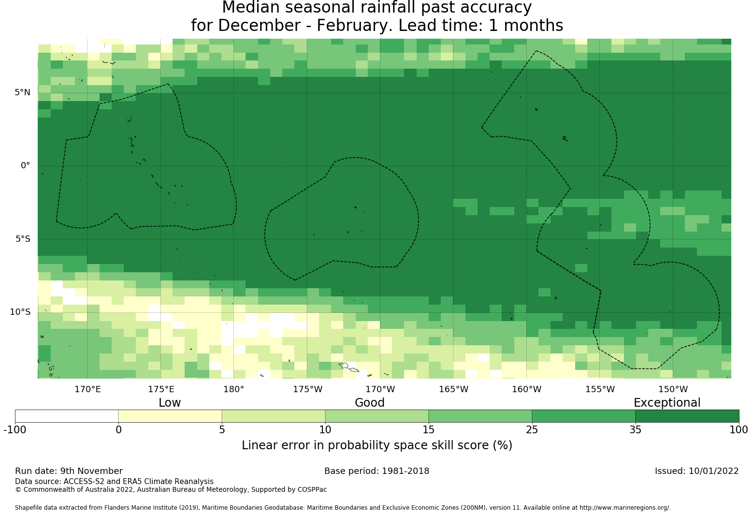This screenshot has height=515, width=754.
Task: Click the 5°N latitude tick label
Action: [x=22, y=92]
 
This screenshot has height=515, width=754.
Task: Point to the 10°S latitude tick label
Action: [x=20, y=312]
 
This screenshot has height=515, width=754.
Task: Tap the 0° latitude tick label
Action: [x=25, y=165]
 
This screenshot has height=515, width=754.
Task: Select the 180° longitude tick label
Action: [x=234, y=389]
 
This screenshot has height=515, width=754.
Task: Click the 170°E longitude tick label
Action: [x=87, y=389]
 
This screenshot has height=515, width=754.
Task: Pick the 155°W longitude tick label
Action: [x=600, y=389]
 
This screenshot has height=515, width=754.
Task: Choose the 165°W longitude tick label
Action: [x=453, y=389]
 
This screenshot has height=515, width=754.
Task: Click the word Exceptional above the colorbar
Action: [x=667, y=403]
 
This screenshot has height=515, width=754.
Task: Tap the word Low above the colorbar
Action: [x=170, y=403]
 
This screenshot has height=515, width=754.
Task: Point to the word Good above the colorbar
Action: [x=370, y=403]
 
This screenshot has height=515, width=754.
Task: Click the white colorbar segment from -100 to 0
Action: [x=67, y=416]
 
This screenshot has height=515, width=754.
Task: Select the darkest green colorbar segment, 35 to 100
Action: [x=687, y=416]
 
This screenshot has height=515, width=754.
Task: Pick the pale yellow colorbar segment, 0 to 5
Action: [x=170, y=416]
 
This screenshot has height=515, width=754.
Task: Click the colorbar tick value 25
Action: [x=532, y=429]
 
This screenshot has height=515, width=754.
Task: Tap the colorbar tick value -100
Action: [x=15, y=429]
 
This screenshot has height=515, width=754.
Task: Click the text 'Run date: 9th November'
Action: [x=69, y=471]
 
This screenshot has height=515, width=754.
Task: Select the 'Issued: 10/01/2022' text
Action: [x=696, y=471]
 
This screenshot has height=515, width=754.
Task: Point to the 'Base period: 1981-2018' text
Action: [x=377, y=471]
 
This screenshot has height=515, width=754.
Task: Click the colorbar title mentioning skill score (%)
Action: [x=377, y=445]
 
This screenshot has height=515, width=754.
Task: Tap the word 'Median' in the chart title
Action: [x=250, y=8]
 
